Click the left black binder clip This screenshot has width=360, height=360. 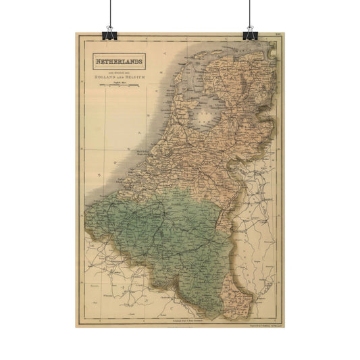point(108,32)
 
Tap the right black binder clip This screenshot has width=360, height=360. point(251,32)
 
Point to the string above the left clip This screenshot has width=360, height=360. point(108,12)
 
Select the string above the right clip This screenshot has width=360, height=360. point(251,12)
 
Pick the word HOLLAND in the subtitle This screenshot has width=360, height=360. point(100,78)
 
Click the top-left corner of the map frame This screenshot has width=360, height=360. point(80,41)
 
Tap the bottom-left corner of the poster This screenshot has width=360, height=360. point(70,328)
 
